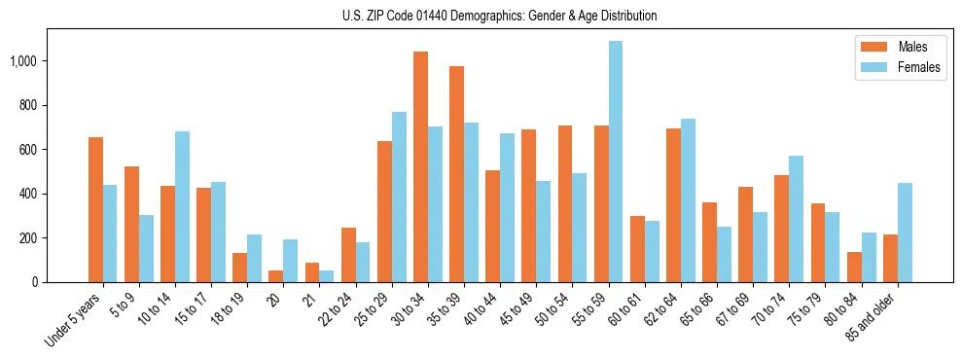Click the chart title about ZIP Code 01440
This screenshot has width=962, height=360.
tap(500, 16)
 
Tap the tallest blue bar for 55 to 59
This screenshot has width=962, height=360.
tap(616, 162)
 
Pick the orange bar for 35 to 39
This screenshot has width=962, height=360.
tap(456, 174)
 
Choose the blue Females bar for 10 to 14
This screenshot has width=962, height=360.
tap(182, 206)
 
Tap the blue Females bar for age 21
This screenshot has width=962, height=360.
tap(327, 276)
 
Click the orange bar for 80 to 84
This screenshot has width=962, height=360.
tap(854, 267)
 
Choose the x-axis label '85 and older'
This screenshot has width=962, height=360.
tap(875, 320)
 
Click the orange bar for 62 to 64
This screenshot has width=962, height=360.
tap(673, 205)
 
